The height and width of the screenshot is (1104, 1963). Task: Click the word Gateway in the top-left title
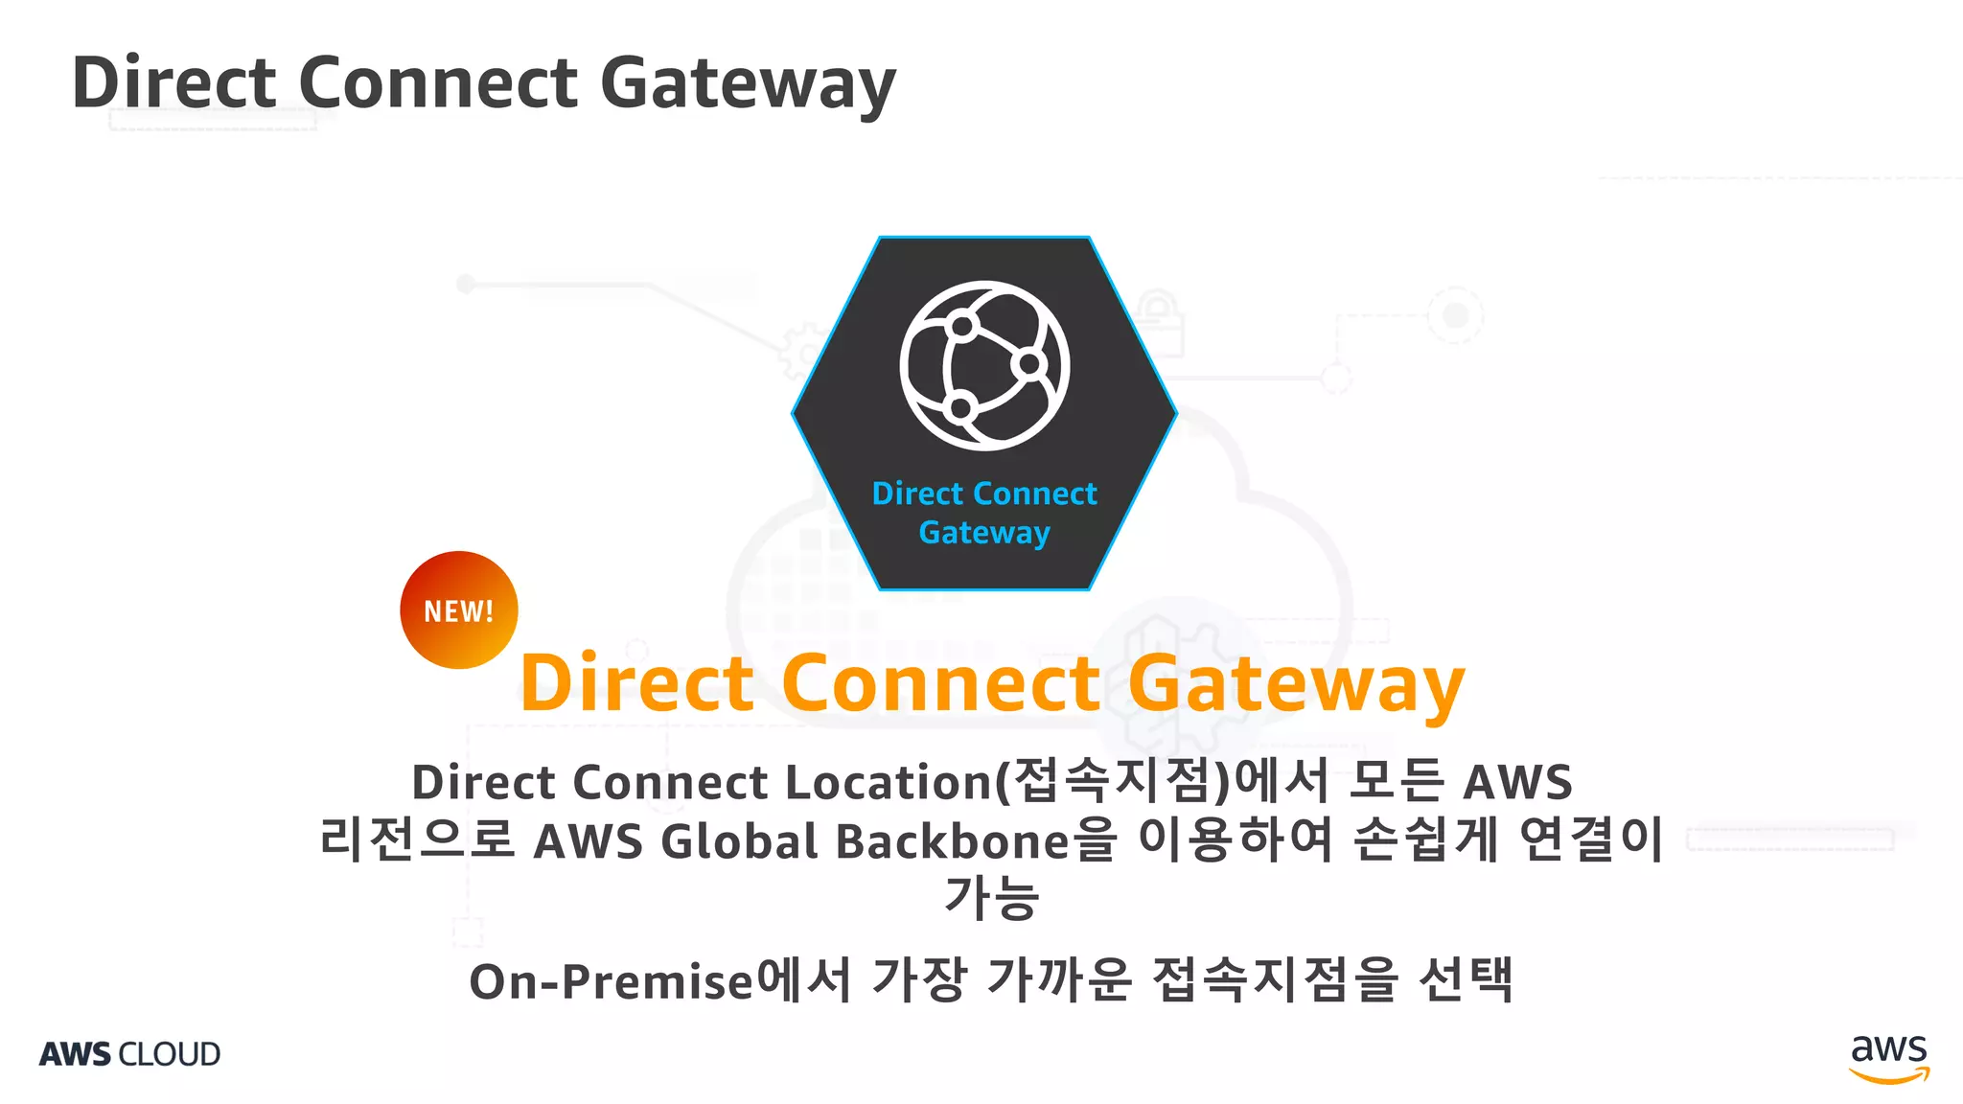(748, 84)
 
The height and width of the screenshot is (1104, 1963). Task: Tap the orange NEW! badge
(459, 610)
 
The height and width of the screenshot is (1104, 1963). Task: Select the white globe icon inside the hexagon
(984, 365)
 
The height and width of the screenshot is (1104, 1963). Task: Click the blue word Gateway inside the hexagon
(984, 533)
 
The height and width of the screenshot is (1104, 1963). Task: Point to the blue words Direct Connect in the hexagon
(984, 494)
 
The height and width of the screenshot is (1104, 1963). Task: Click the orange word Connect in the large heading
(940, 683)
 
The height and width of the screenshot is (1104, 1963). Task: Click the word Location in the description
(888, 782)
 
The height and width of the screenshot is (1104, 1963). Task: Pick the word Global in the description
(739, 841)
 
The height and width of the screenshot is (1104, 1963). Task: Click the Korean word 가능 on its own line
(991, 898)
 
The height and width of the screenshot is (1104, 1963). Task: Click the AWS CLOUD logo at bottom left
(130, 1054)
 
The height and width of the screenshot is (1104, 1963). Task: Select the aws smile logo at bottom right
(1888, 1058)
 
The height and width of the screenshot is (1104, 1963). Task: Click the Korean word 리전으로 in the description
(417, 839)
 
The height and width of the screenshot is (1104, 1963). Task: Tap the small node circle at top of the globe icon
(961, 327)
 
